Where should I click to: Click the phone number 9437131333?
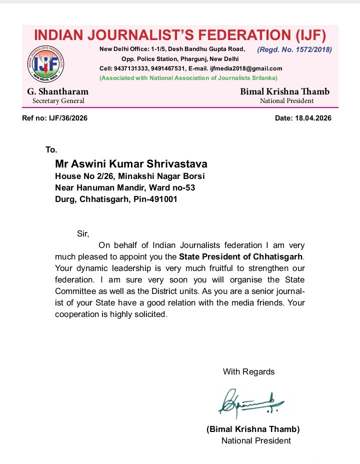click(x=132, y=68)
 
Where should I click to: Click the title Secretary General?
click(x=58, y=100)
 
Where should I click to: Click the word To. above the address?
click(x=51, y=149)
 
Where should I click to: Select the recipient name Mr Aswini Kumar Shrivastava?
click(x=130, y=164)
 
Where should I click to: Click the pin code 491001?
click(x=160, y=198)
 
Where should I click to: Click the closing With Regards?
click(x=248, y=371)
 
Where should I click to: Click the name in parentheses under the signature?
click(x=253, y=429)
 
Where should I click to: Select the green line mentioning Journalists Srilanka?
click(x=188, y=78)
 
